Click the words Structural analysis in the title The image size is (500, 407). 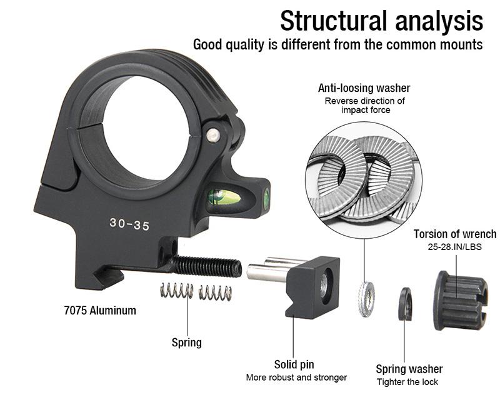click(381, 21)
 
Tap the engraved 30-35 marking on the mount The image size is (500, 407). click(129, 224)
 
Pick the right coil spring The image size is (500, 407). click(215, 292)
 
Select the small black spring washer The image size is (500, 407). click(405, 303)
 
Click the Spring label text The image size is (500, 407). click(187, 342)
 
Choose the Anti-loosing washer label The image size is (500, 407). click(364, 88)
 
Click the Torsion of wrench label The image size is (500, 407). click(455, 234)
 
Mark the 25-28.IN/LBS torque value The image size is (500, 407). click(455, 247)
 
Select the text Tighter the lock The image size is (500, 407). click(407, 381)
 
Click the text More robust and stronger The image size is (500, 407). click(296, 378)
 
